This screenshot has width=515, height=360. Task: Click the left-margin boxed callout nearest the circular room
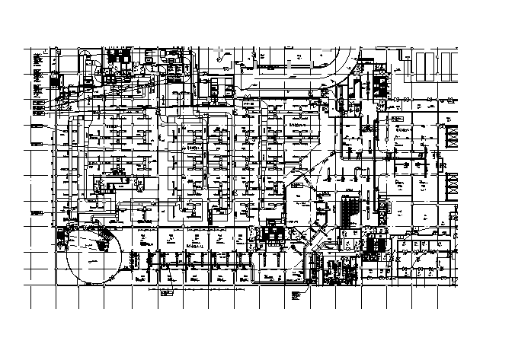(x=37, y=228)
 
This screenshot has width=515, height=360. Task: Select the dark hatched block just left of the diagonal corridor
(x=272, y=234)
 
